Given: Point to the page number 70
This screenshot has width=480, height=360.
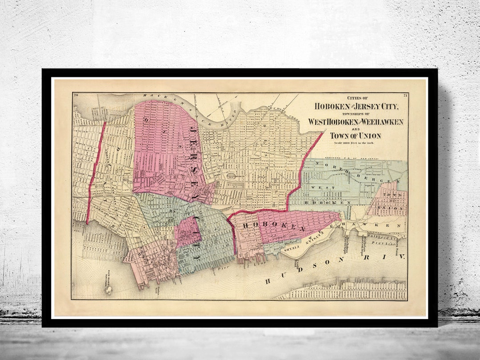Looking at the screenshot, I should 76,95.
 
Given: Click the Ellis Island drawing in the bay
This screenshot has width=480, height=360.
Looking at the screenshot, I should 108,289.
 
